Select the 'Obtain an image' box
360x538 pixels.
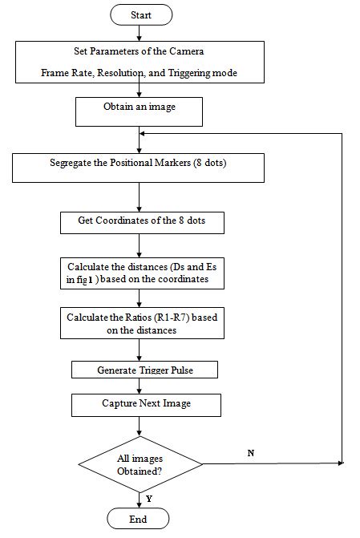click(x=140, y=111)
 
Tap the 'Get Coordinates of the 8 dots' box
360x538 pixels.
click(x=140, y=221)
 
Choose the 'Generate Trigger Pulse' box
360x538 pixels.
click(x=145, y=370)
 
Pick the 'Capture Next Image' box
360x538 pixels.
click(x=145, y=402)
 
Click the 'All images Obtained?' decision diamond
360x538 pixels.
click(x=140, y=463)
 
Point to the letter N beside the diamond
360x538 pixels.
click(x=250, y=454)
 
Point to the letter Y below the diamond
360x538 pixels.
click(x=149, y=497)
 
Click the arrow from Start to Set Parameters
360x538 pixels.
click(x=140, y=33)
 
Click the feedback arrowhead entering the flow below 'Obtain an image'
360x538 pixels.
click(x=144, y=133)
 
